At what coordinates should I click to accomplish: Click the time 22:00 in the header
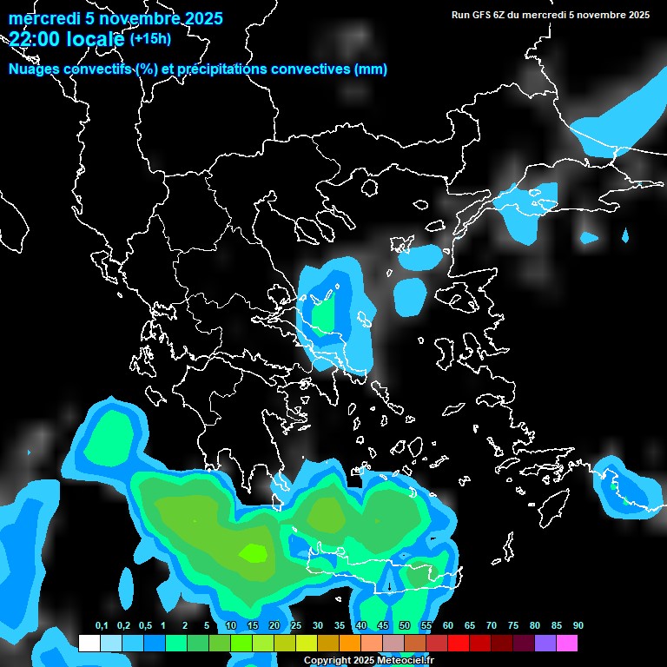pos(33,39)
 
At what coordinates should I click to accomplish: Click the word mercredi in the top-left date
pos(41,18)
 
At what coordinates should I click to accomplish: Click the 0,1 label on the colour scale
pos(102,626)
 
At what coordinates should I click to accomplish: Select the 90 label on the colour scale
pos(578,626)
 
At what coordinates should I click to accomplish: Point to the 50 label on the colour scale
pos(405,626)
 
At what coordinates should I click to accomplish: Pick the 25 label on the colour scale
pos(296,626)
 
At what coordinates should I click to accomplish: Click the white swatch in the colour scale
pos(89,644)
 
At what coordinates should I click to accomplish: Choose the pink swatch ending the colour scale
pos(567,644)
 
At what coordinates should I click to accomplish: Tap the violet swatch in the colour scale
pos(545,644)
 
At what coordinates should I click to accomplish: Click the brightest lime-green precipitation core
pos(254,551)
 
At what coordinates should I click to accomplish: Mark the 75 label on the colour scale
pos(513,626)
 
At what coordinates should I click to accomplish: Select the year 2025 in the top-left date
pos(199,18)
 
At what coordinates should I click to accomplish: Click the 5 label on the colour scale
pos(206,626)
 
